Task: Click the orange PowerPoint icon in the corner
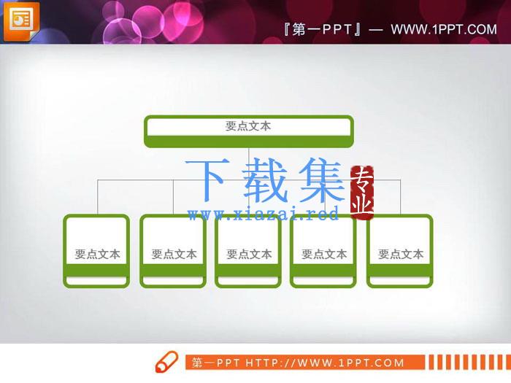point(21,21)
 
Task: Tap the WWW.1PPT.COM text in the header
point(444,29)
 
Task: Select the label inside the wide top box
point(248,126)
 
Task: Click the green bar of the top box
point(249,141)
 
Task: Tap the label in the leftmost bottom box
point(97,254)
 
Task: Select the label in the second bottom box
point(174,254)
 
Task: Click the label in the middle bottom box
point(249,254)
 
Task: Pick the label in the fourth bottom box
point(324,254)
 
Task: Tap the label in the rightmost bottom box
point(401,254)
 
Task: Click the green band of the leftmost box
point(96,271)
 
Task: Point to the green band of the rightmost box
point(400,271)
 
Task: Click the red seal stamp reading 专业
point(362,193)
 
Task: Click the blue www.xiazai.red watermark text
point(264,214)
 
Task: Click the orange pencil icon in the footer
point(166,362)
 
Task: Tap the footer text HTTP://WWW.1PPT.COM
point(325,363)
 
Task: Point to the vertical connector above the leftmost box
point(97,197)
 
